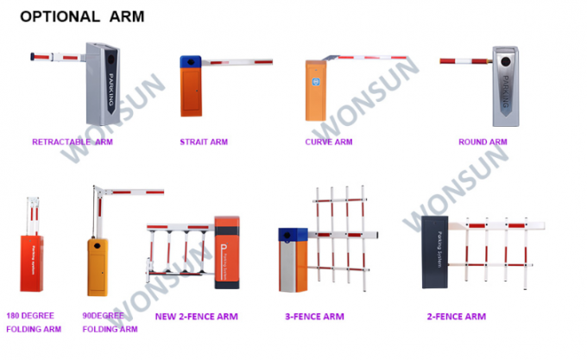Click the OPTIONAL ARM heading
pos(81,16)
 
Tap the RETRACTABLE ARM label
pos(72,142)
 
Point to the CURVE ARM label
pos(328,142)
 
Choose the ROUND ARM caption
pos(482,142)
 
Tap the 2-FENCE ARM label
pos(456,317)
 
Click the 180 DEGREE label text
pos(30,315)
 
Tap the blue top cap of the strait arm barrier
pos(191,62)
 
